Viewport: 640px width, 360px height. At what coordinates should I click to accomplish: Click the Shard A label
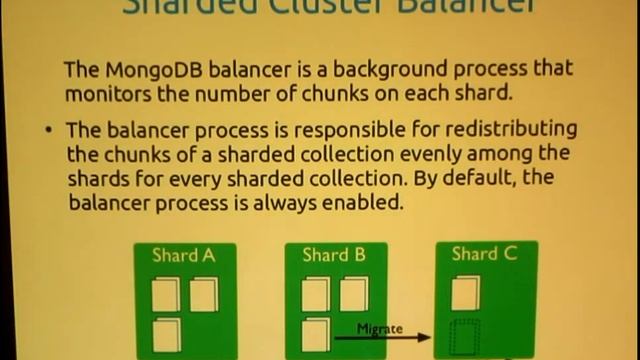[183, 256]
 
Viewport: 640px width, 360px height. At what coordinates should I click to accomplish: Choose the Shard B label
[334, 256]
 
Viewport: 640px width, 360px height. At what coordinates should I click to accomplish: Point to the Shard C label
[484, 254]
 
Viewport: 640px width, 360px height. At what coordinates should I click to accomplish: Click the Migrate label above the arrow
[380, 328]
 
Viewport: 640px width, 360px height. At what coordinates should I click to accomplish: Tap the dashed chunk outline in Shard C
[465, 336]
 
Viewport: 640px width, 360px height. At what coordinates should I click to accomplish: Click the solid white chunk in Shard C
[465, 293]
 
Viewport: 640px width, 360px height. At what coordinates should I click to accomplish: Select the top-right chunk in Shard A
[203, 294]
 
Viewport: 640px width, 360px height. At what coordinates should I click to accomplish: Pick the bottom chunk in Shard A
[166, 334]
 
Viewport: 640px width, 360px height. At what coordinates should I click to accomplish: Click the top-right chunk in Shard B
[353, 294]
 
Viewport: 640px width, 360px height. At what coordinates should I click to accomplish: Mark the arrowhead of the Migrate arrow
[426, 338]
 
